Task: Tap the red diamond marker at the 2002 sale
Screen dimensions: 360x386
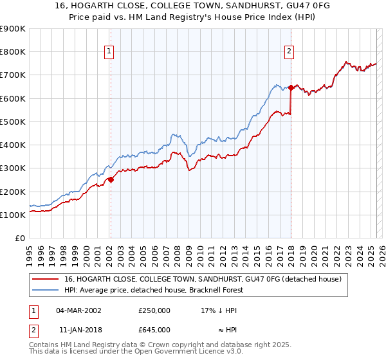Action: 110,180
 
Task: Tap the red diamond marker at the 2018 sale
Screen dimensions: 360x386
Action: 291,87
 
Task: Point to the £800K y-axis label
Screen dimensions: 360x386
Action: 12,52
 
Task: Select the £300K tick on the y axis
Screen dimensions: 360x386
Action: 12,168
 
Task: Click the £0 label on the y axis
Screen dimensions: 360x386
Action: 19,239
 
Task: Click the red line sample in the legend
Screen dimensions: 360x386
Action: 46,279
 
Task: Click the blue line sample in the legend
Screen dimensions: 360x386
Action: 46,290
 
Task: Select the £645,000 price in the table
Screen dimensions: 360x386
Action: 154,330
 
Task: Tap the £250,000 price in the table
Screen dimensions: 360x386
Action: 154,310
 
